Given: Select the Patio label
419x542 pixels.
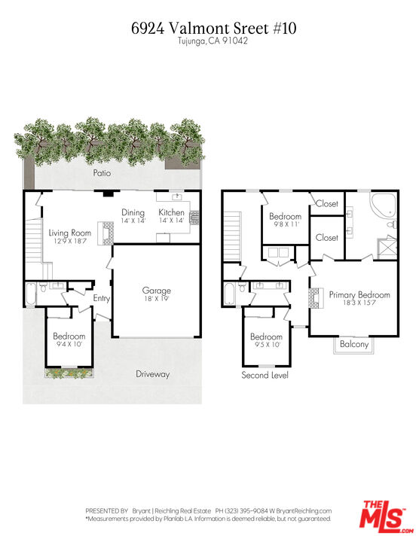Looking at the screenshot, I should click(x=102, y=173).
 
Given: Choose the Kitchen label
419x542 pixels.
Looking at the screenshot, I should click(x=171, y=217).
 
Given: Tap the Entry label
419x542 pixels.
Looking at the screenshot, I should click(x=102, y=299).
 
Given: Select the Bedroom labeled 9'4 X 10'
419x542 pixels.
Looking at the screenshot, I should click(x=69, y=340).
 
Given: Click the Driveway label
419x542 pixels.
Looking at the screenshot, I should click(x=153, y=374).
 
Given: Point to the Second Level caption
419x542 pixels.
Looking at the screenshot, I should click(x=265, y=375).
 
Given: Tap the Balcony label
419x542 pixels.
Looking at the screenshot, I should click(x=354, y=345).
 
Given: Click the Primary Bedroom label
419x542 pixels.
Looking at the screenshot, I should click(x=359, y=299).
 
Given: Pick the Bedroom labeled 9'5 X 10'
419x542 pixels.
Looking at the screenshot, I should click(x=266, y=341).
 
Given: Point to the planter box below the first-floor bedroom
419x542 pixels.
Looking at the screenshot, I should click(x=69, y=371).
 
